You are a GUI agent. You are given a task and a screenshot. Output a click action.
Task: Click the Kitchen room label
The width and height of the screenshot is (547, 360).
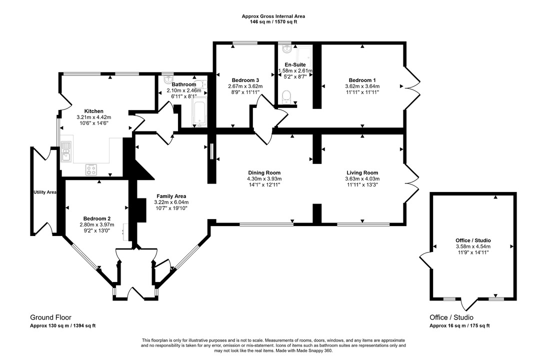point(93,111)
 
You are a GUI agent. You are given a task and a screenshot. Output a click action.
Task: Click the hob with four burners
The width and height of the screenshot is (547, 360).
point(90,169)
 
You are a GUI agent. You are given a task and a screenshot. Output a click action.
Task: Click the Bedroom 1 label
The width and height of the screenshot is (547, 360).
point(362,80)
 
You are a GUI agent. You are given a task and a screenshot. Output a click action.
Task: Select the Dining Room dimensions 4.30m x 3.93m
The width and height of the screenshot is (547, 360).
point(264,178)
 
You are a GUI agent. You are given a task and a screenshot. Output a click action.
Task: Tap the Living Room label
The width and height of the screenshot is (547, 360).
point(362,172)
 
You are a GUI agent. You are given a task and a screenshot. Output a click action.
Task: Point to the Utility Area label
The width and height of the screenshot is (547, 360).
point(45,192)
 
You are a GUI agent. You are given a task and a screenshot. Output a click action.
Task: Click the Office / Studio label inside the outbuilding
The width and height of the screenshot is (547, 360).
point(472,240)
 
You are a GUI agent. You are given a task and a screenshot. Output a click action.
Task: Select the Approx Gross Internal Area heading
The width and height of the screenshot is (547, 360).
point(273,16)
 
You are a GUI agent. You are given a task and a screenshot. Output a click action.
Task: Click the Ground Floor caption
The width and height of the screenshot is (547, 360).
point(50,317)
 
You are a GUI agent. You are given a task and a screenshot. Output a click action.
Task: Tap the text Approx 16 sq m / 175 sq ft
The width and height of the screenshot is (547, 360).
point(459,325)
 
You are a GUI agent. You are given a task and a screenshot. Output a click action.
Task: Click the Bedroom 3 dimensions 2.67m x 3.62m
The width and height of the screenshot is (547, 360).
point(245,86)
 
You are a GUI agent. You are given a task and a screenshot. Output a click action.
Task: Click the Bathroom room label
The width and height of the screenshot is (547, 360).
point(183,84)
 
